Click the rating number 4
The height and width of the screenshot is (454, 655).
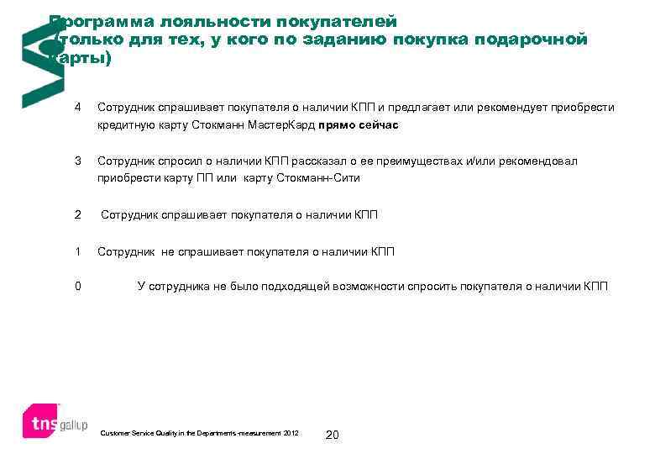pos(78,108)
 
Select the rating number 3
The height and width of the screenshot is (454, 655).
pos(78,161)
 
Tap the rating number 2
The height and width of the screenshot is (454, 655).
pos(78,214)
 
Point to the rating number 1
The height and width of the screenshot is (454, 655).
pos(78,251)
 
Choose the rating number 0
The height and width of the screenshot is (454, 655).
pos(78,287)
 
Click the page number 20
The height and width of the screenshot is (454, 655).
pos(332,435)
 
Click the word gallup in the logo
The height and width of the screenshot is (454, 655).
pos(72,424)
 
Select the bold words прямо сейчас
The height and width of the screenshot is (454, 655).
pos(358,125)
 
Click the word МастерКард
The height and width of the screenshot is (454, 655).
pos(280,125)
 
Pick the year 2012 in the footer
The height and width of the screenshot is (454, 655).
pos(291,433)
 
